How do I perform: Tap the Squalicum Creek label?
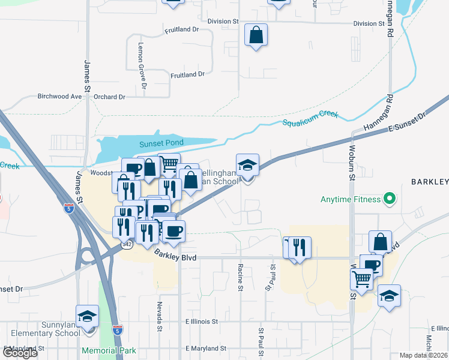click(310, 118)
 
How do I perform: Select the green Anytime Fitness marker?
click(390, 199)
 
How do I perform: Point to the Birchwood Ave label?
click(59, 96)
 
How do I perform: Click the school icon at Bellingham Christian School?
click(247, 166)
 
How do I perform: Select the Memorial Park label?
click(110, 351)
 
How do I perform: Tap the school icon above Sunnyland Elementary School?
click(88, 316)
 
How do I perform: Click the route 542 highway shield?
click(127, 244)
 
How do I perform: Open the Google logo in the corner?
click(20, 352)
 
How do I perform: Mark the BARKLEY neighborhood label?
click(429, 182)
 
